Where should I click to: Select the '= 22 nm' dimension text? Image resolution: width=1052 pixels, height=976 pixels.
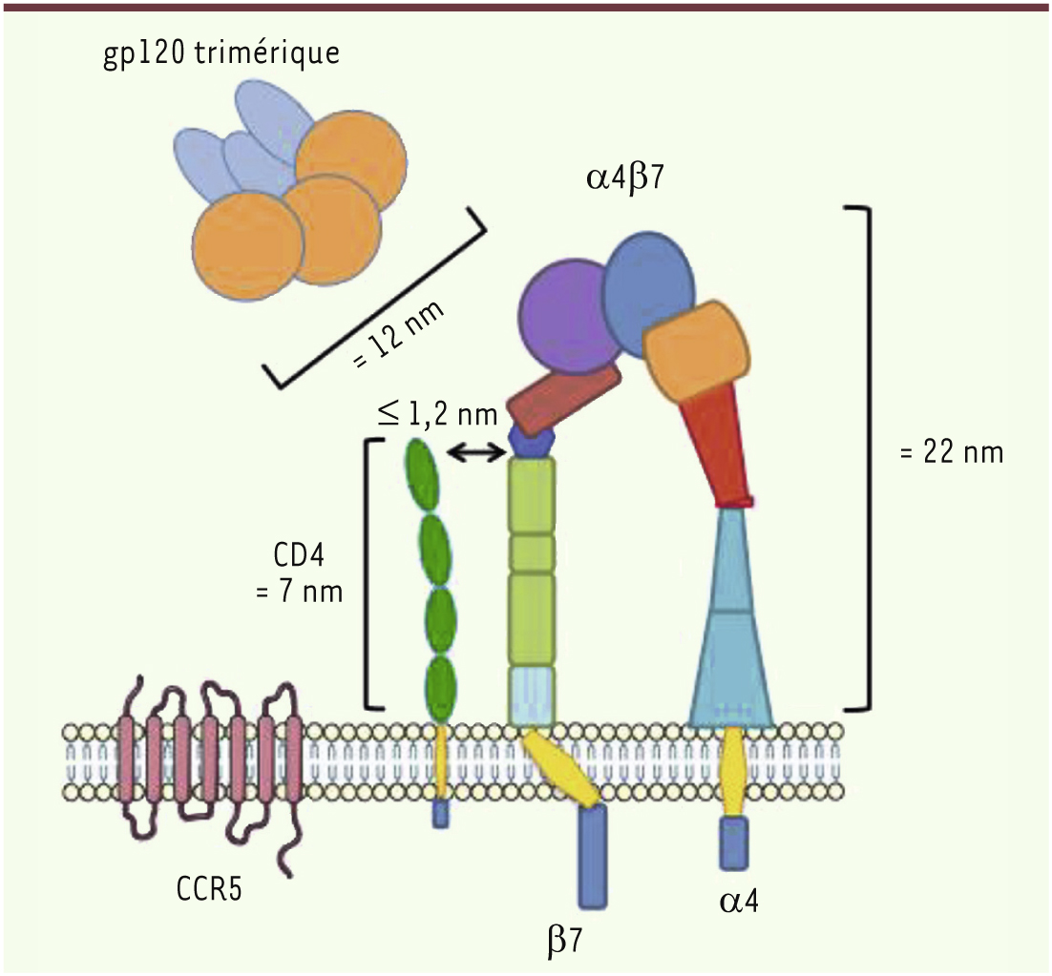[952, 453]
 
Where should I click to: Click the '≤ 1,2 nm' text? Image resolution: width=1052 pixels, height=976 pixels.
[437, 415]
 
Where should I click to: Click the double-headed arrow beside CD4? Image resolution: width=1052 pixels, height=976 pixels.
[477, 454]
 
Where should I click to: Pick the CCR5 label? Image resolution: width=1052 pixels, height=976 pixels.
[209, 889]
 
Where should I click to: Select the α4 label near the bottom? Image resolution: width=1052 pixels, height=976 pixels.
[739, 902]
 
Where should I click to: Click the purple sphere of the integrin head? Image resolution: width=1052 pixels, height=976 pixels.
[567, 316]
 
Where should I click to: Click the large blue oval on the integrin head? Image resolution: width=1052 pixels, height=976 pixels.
[649, 296]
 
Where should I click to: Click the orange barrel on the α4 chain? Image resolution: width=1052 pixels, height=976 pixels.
[697, 349]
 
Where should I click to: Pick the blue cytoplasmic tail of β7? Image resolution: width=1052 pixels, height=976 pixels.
[592, 856]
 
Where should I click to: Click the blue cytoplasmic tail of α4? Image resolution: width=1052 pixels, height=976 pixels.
[734, 842]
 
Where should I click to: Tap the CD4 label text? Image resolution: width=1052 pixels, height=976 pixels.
[300, 555]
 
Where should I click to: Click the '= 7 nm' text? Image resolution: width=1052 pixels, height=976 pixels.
[299, 592]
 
